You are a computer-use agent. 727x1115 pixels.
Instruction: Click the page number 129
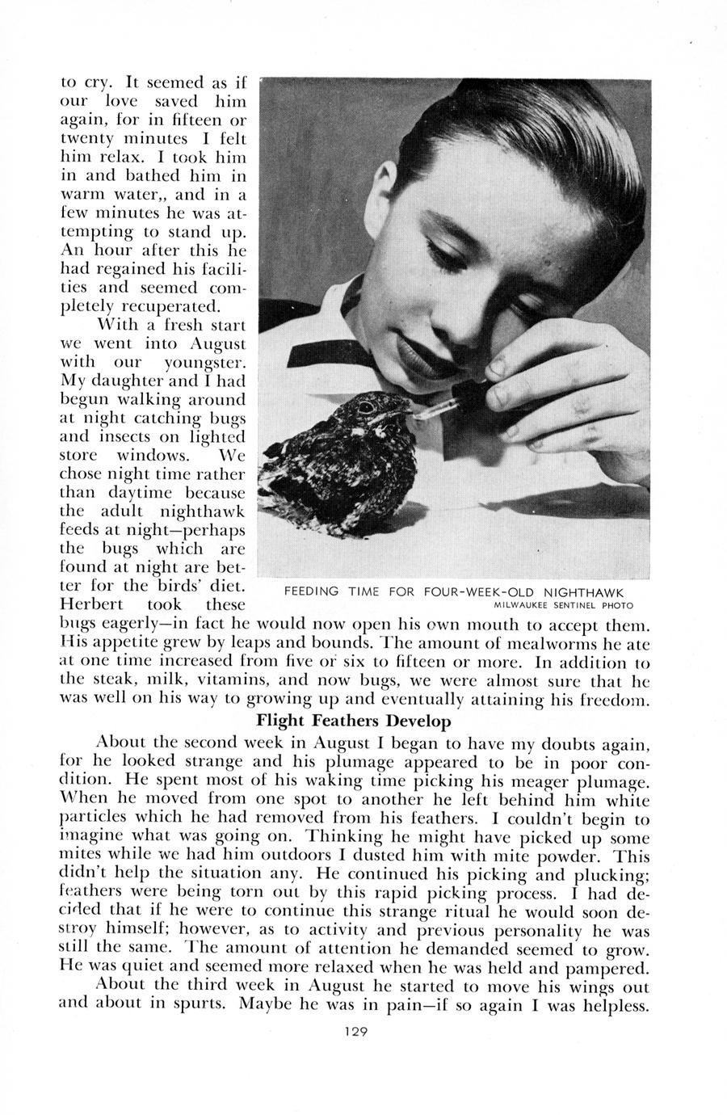355,1031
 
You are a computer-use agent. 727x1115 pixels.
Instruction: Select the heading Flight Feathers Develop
353,720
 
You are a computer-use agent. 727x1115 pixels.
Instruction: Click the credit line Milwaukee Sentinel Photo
564,605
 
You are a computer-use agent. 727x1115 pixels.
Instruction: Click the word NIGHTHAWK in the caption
590,591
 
